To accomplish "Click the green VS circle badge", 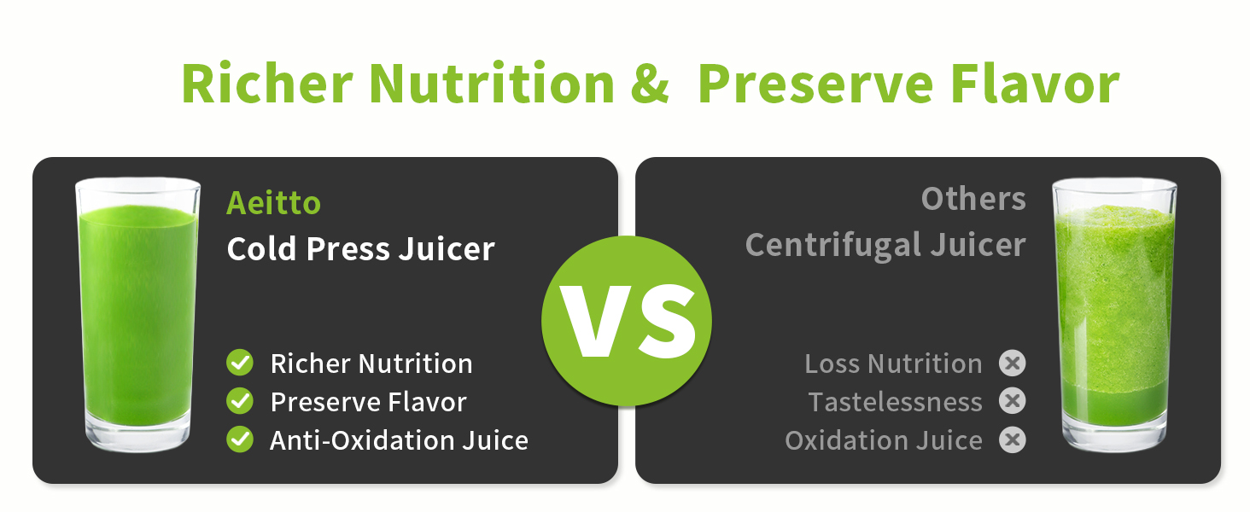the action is coord(626,321).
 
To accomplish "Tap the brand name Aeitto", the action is coord(273,203).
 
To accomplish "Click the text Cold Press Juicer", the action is coord(360,249).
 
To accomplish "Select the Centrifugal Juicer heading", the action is coord(885,246).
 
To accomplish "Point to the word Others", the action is coord(973,199).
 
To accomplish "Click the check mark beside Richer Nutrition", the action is coord(240,363).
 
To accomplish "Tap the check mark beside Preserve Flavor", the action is coord(240,401).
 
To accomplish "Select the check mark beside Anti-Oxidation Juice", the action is coord(240,439).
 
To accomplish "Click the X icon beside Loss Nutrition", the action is coord(1013,363).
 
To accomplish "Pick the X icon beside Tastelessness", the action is coord(1013,401).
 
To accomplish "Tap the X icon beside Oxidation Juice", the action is coord(1013,439).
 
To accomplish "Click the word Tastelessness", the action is coord(895,402).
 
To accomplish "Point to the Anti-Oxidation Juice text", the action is coord(399,440).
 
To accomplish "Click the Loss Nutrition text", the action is coord(893,364).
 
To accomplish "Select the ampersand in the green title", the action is coord(650,84).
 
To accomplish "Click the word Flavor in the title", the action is coord(1035,84).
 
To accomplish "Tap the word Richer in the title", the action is coord(267,84).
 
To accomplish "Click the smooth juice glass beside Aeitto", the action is coord(137,315).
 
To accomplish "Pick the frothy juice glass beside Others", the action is coord(1114,315).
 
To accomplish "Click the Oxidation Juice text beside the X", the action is coord(884,440).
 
